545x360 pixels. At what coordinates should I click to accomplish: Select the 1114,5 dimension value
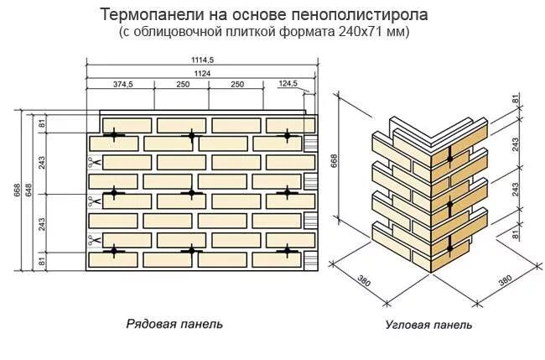click(x=202, y=59)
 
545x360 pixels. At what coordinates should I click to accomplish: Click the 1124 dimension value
click(x=201, y=73)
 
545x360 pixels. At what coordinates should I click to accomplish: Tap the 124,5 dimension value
click(x=288, y=85)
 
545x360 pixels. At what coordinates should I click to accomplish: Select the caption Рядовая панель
click(x=174, y=323)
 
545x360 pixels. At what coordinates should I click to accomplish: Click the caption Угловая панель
click(x=428, y=324)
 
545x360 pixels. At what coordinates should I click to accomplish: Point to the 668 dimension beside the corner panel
click(x=335, y=160)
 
